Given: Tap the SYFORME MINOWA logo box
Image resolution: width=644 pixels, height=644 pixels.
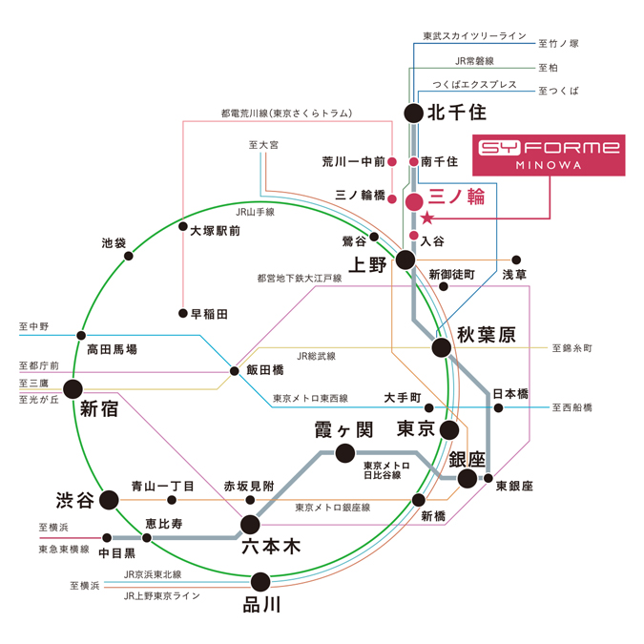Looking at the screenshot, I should click(549, 155).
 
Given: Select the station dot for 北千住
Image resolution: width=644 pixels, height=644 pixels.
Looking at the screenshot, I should click(413, 113).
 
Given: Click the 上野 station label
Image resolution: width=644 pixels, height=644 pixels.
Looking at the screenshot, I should click(368, 264).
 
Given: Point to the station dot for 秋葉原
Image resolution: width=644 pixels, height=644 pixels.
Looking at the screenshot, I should click(442, 347).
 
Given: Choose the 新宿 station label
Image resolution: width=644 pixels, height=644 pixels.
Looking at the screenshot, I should click(98, 409).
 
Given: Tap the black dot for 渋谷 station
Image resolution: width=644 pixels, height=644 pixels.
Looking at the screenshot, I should click(110, 499).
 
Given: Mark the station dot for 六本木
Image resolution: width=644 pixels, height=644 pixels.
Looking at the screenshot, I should click(250, 524).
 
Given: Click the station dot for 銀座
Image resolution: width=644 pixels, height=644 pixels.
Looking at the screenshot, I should click(467, 478).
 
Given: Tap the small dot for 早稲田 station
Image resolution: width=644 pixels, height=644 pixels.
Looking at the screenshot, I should click(182, 313).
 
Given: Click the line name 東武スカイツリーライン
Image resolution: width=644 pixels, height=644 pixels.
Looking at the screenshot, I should click(475, 36).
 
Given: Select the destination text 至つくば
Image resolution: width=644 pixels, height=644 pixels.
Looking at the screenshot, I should click(558, 91).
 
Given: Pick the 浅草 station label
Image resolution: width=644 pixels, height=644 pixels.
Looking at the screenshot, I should click(514, 275).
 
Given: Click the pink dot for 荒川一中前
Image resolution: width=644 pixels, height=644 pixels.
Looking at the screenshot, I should click(391, 162).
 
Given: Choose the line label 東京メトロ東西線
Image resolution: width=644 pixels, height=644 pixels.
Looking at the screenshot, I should click(310, 398).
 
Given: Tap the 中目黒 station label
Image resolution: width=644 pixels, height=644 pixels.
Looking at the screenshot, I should click(117, 552).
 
